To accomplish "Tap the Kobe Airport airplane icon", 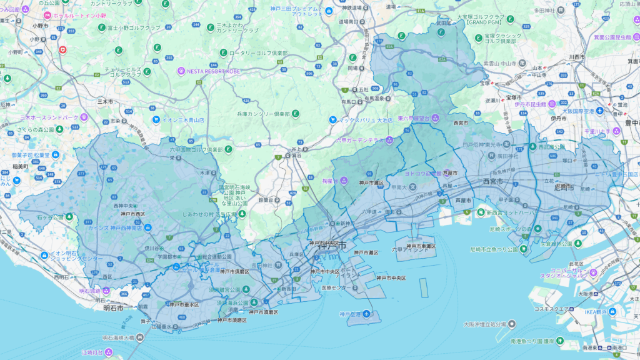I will pos(367,314).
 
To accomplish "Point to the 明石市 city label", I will pos(112,308).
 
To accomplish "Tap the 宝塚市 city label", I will pos(516,98).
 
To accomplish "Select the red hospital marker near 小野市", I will pos(62,49).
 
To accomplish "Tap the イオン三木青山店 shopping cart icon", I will pos(156,119).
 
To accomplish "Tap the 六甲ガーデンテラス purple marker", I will pos(389,140).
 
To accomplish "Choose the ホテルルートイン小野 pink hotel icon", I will pos(47,14).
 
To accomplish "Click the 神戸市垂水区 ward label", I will pos(184,305).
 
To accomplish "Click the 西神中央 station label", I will pos(124,205).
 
